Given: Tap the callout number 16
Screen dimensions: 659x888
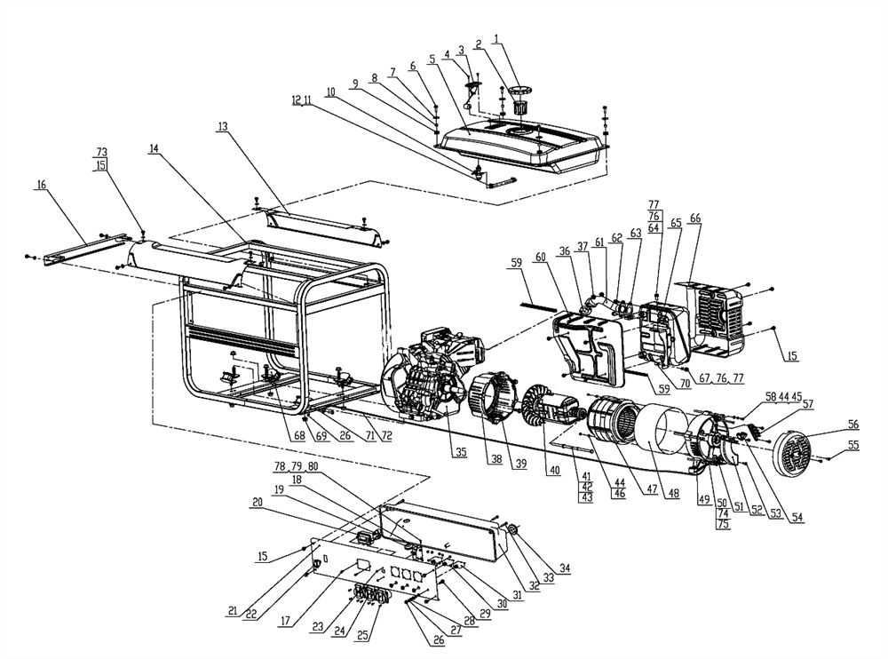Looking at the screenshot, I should (x=41, y=184).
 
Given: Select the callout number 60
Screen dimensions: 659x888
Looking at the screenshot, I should (x=541, y=257).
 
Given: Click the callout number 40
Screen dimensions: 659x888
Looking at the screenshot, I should (x=554, y=471).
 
